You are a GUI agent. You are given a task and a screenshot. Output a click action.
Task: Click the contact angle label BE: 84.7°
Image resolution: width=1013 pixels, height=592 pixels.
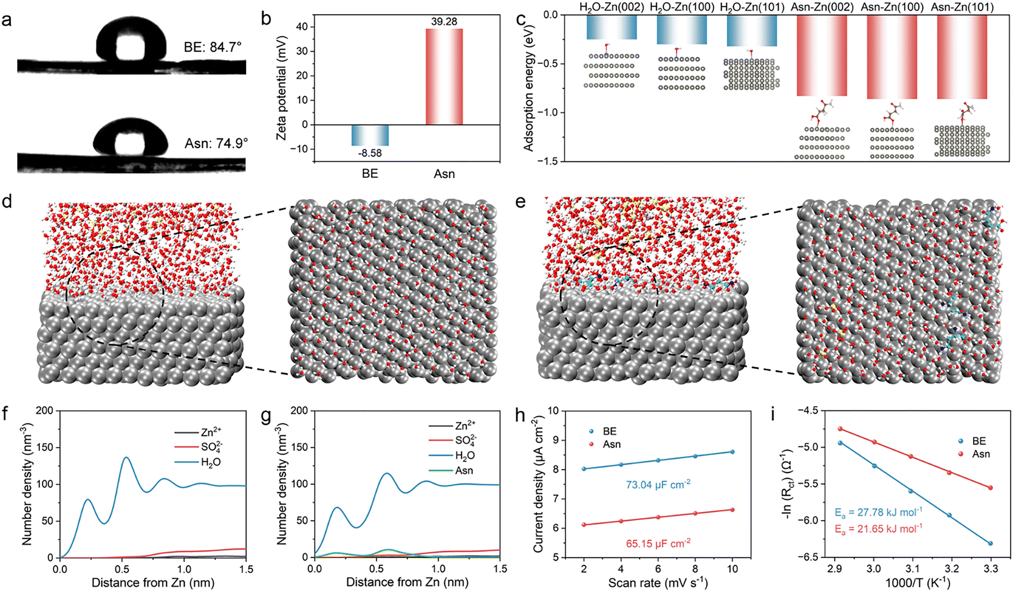pos(212,47)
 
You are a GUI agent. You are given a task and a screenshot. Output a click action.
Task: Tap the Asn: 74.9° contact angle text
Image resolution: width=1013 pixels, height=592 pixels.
pos(216,143)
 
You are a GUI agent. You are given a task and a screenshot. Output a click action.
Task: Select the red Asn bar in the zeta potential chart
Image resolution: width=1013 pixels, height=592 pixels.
pos(444,77)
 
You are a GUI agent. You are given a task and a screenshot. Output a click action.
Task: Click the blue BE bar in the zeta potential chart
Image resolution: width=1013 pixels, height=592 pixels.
pos(370,135)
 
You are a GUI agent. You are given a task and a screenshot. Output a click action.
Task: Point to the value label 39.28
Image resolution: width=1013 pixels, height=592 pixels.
pos(444,22)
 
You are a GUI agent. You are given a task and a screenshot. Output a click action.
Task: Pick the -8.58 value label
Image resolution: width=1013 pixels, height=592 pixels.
pos(370,153)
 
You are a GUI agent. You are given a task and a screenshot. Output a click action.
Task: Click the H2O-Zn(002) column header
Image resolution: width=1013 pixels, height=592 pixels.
pos(611,7)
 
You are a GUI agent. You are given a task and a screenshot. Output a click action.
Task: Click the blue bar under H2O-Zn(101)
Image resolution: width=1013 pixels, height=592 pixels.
pos(752,31)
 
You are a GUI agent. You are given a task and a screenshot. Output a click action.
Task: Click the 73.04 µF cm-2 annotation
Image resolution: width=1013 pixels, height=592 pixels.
pos(658,485)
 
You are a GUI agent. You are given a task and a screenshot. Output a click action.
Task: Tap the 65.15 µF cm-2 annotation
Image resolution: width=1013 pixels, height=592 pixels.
pos(658,543)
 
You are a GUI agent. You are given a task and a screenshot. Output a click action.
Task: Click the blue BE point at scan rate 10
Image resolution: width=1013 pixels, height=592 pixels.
pos(732,452)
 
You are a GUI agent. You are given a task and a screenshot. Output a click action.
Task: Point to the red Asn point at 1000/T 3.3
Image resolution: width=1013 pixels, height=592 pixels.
pos(990,488)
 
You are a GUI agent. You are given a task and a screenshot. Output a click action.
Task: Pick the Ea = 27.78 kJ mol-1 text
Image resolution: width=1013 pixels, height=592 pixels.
pos(878,512)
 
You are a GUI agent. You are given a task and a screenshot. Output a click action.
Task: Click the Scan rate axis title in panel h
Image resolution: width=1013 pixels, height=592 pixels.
pos(657,583)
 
